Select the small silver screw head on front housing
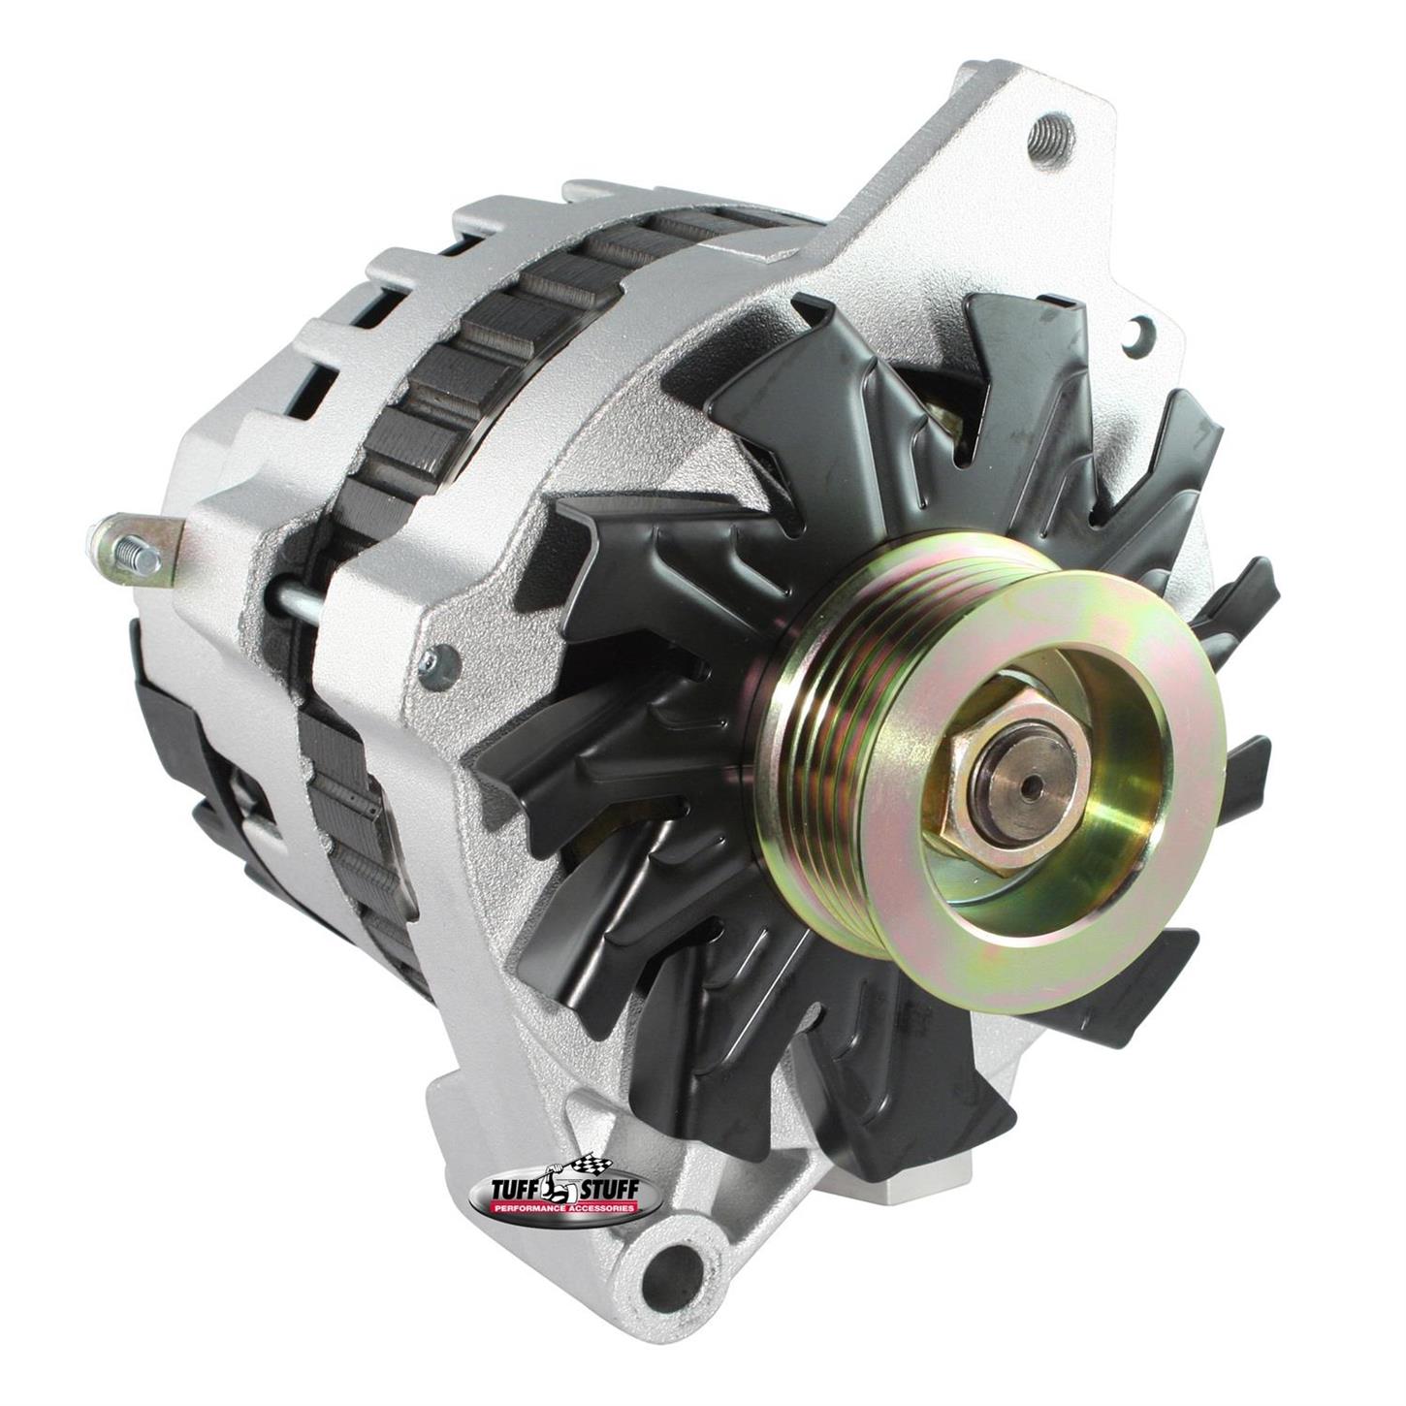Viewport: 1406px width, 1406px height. coord(438,665)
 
